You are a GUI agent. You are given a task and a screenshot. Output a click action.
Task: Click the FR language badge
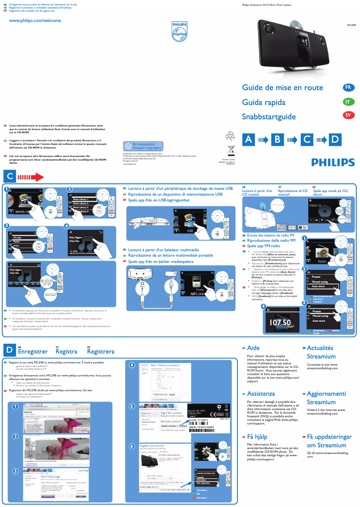point(347,87)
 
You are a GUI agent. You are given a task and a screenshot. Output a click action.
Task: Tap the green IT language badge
point(347,102)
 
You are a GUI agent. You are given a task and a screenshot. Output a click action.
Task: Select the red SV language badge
point(347,116)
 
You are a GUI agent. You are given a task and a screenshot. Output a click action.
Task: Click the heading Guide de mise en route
point(282,87)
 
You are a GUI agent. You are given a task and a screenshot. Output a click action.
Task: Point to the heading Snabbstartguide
point(269,117)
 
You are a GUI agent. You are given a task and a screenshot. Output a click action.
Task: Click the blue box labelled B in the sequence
point(278,140)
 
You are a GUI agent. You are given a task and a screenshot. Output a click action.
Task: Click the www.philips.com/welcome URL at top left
point(35,21)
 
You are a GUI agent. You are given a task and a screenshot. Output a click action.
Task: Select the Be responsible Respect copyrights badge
point(143,146)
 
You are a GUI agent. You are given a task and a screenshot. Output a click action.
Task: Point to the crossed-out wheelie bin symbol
point(231,149)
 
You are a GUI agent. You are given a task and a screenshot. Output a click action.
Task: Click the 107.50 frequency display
point(280,323)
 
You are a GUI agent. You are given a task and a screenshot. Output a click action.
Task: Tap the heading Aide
point(253,348)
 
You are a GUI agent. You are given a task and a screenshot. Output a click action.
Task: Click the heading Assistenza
point(261,393)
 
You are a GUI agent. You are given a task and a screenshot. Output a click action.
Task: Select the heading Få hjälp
point(257,437)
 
